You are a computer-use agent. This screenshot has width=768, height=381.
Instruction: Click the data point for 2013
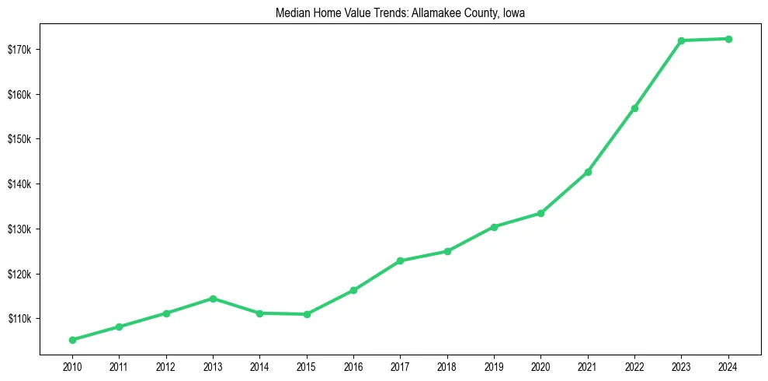coord(213,299)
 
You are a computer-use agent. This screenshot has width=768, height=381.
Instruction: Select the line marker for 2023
coord(681,40)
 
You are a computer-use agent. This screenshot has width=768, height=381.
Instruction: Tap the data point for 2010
coord(72,340)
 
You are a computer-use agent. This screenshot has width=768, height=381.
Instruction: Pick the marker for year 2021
coord(588,172)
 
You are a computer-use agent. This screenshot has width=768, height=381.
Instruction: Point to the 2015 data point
coord(307,314)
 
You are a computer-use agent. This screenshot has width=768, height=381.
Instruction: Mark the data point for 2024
coord(728,39)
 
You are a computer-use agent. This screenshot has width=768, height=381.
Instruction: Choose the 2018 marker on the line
coord(447,251)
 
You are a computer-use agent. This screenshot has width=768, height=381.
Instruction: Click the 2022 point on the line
coord(634,108)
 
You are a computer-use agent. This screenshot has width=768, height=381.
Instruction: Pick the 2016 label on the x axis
coord(353,366)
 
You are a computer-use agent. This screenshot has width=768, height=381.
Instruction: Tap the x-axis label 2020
coord(540,366)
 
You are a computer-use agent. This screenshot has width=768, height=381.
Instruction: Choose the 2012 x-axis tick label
coord(166,366)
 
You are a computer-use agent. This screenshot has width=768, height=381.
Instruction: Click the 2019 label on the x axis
coord(494,366)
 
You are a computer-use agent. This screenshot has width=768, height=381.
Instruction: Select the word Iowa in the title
coord(514,13)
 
